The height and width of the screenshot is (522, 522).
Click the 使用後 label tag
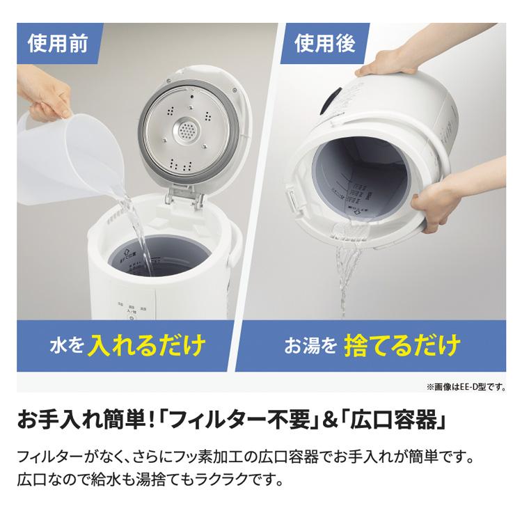(324, 44)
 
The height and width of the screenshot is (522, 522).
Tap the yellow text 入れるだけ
(148, 344)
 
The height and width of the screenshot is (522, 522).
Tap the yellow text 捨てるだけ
(402, 344)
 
